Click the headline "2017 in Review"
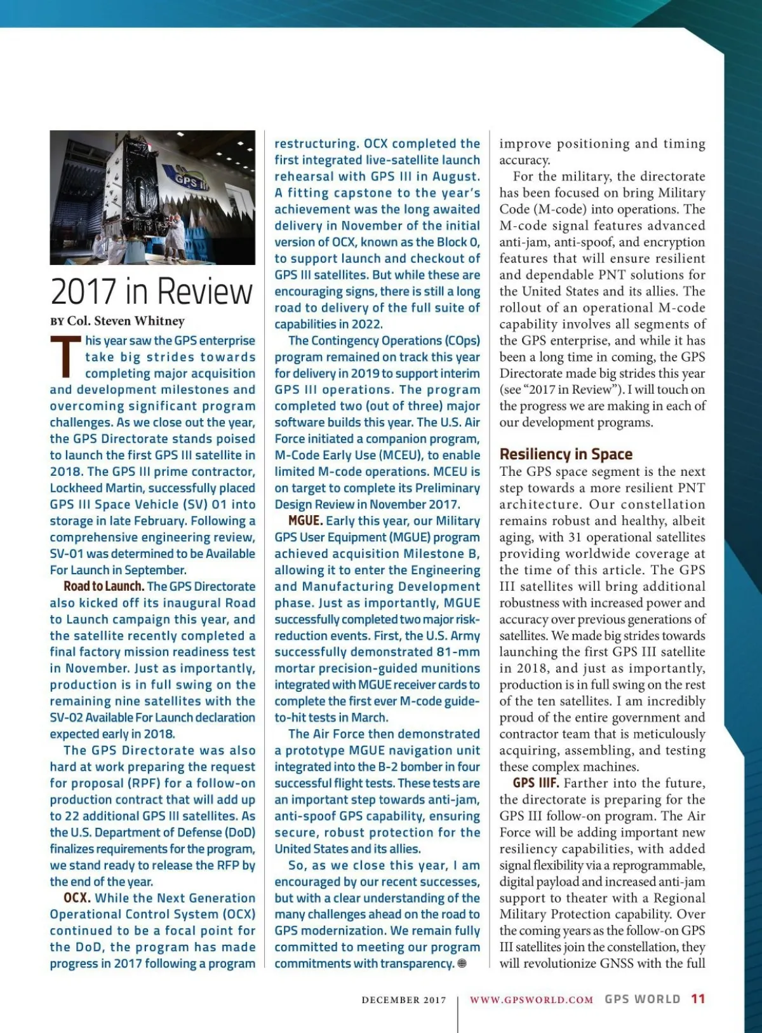coord(152,292)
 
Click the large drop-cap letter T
coord(65,356)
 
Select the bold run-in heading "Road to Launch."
coord(104,586)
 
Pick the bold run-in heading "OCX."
coord(77,898)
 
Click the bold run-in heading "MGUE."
coord(305,521)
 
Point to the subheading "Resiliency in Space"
coord(566,454)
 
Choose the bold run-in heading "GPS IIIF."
coord(535,783)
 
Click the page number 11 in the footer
coord(698,999)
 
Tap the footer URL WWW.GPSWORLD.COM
coord(531,999)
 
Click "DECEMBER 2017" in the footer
coord(404,1000)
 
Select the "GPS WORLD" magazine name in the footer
coord(642,999)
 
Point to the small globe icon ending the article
coord(462,963)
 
